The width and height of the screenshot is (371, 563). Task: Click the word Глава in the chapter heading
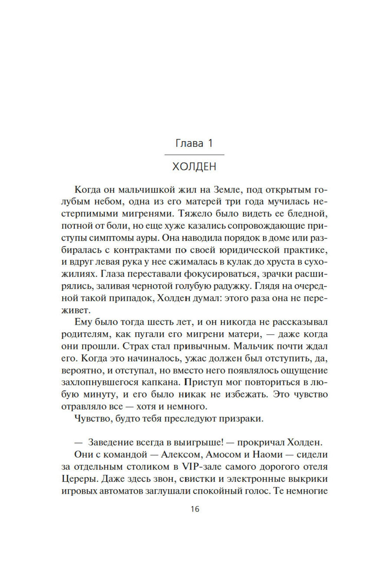[189, 144]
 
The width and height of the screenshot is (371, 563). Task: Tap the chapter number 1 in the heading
[210, 144]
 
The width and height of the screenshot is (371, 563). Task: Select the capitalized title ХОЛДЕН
[194, 167]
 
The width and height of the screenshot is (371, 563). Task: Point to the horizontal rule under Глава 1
[194, 154]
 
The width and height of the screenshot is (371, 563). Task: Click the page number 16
[195, 509]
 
